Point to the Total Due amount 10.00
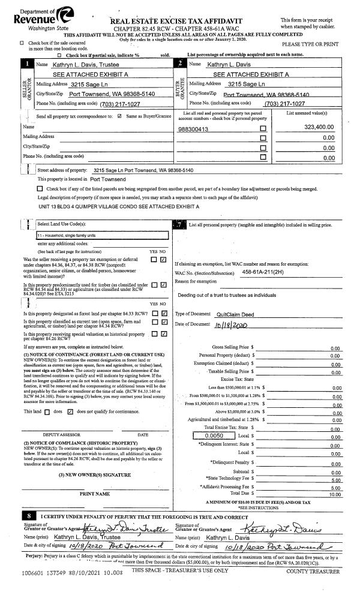[x=335, y=495]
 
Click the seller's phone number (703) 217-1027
[x=112, y=103]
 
